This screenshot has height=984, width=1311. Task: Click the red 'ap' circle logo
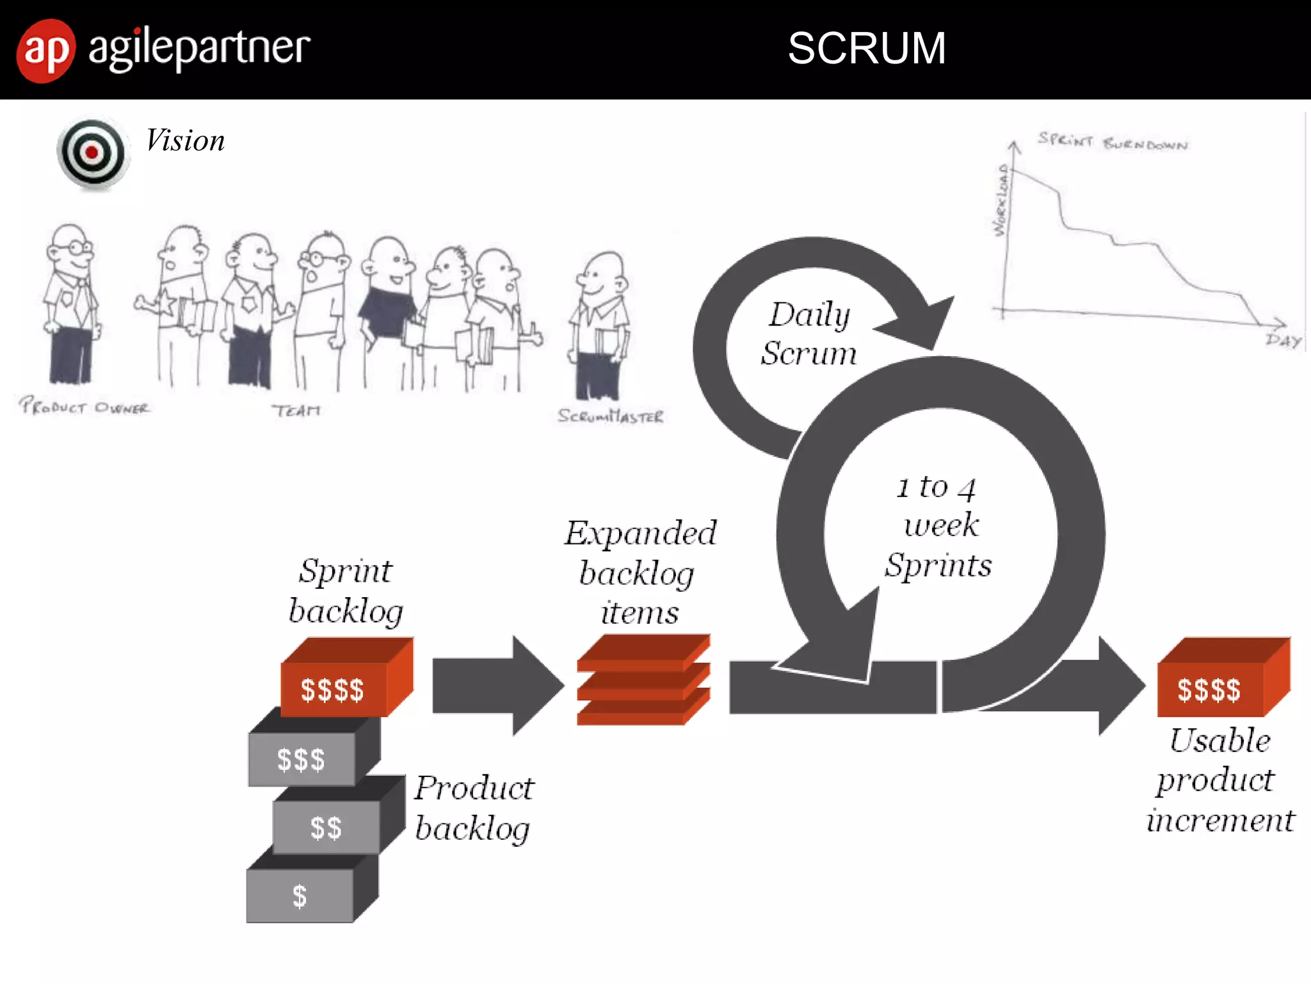click(x=45, y=51)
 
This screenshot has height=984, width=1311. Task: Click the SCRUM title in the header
click(x=866, y=49)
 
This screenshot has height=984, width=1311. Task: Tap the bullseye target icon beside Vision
click(x=92, y=153)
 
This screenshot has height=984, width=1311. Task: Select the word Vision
click(x=185, y=141)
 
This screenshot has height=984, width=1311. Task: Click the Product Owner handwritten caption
click(x=84, y=407)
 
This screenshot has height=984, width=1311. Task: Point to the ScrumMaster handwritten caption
click(x=610, y=416)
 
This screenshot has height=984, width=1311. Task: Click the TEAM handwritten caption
click(x=296, y=410)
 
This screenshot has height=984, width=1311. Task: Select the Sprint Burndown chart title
click(x=1113, y=142)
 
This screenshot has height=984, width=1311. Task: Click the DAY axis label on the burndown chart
click(x=1283, y=340)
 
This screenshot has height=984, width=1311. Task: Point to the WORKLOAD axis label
click(x=1001, y=201)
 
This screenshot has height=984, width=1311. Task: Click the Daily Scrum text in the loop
click(x=809, y=334)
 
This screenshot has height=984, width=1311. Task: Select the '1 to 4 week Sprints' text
click(x=938, y=527)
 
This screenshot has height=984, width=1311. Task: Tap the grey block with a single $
click(x=300, y=895)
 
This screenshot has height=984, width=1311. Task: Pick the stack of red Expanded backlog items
click(x=643, y=680)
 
